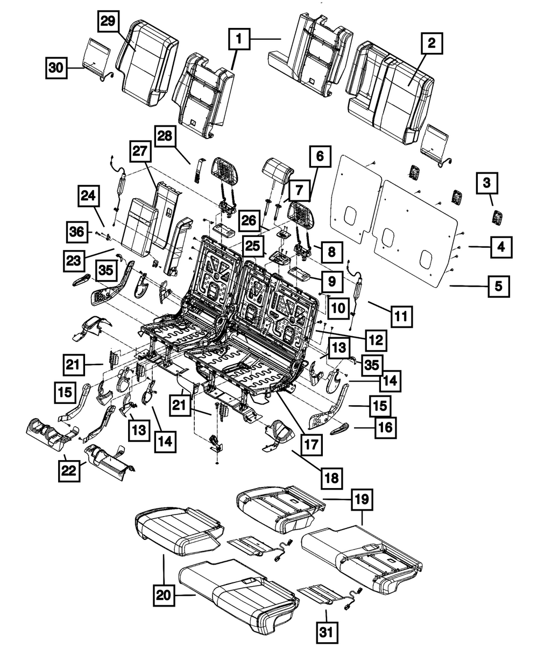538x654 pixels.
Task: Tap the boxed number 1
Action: point(240,39)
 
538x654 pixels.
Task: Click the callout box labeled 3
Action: point(486,184)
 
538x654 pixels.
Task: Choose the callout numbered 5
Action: point(499,287)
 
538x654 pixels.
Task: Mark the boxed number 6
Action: point(320,158)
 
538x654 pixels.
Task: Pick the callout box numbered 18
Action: point(332,477)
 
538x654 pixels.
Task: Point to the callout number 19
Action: point(361,499)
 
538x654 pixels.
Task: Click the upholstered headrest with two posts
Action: point(278,170)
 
